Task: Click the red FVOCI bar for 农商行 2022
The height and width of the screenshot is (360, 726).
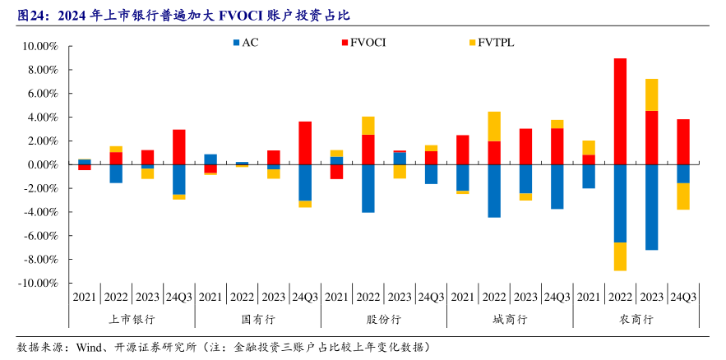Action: (x=620, y=111)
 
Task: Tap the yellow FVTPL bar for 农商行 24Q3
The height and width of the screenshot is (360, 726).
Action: (x=683, y=196)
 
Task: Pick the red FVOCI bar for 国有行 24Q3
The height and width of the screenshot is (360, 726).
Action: (x=305, y=143)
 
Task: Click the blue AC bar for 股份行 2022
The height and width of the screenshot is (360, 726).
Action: (x=368, y=188)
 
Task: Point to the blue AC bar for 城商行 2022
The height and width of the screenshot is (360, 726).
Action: (x=494, y=191)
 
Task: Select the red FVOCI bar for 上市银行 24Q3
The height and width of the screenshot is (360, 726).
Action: (x=179, y=147)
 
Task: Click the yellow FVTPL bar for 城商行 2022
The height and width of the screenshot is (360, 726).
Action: (x=494, y=127)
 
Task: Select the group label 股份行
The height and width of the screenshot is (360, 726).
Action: (x=383, y=319)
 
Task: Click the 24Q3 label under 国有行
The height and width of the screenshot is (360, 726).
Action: (x=305, y=297)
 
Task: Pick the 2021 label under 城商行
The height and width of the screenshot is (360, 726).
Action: (x=462, y=297)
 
